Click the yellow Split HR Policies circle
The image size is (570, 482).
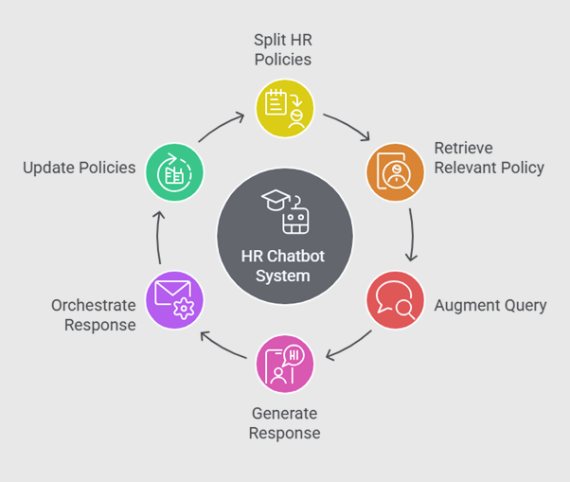(x=285, y=106)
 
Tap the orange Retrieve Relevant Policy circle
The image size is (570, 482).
(x=394, y=170)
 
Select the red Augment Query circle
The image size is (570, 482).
(x=394, y=299)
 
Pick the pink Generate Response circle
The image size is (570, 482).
(x=285, y=363)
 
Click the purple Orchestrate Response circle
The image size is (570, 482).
(x=174, y=299)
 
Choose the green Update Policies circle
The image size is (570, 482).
(x=174, y=170)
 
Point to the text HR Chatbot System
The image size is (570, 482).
(x=285, y=267)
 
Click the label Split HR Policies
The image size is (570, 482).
(x=283, y=49)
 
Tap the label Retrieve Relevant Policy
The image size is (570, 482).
(x=489, y=158)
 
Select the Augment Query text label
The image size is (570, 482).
(x=490, y=305)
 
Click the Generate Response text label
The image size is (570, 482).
(x=285, y=423)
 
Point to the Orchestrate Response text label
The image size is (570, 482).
(x=94, y=314)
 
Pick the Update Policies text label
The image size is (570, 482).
(x=80, y=168)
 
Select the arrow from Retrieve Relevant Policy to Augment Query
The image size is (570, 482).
(x=412, y=234)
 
